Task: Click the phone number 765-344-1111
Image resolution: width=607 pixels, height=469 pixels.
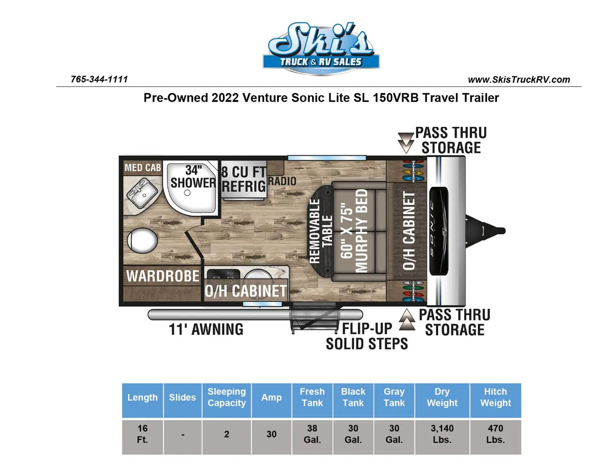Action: coord(99,79)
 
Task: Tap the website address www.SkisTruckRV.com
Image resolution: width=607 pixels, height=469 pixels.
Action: coord(519,79)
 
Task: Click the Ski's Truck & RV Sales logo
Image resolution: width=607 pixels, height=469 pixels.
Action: coord(321,47)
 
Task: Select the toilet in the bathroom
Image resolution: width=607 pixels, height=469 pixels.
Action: coord(142,241)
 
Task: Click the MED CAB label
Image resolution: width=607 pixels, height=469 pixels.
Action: coord(143,168)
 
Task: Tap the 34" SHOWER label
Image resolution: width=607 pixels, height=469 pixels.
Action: coord(193,177)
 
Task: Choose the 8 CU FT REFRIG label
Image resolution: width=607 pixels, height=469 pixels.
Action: coord(244,179)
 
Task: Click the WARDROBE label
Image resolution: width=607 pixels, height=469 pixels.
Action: coord(163,276)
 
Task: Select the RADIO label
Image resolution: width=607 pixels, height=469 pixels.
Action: coord(282,181)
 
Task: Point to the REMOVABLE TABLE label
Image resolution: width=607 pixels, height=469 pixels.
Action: coord(321,231)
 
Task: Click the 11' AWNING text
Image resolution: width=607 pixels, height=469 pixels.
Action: coord(206,329)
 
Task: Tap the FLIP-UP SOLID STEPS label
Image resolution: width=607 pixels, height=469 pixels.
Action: coord(367,336)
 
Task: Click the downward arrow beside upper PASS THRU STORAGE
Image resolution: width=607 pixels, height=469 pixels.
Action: coord(406,143)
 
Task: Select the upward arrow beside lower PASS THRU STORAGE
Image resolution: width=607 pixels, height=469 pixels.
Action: coord(407,320)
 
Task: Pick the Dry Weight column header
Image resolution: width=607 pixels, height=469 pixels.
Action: coord(442,397)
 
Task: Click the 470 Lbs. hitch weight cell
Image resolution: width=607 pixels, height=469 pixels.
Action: coord(495,434)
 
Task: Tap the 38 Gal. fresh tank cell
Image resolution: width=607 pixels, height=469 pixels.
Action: coord(312,434)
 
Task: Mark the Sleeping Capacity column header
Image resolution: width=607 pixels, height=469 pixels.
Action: coord(227,397)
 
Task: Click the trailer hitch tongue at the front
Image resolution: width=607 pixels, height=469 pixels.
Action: coord(486,231)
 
